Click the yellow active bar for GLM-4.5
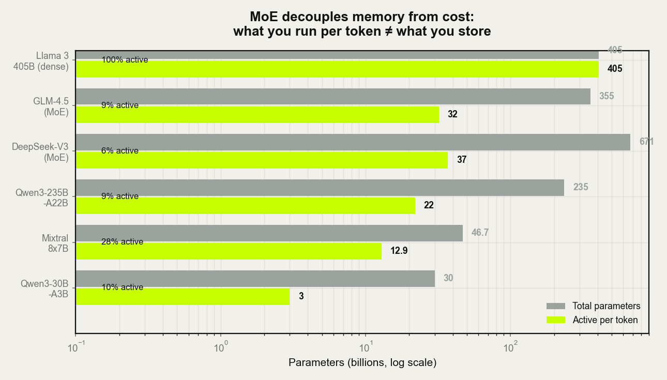pyautogui.click(x=257, y=115)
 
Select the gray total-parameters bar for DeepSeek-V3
pyautogui.click(x=353, y=142)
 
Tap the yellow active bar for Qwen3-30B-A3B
pyautogui.click(x=183, y=297)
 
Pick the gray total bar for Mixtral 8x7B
pyautogui.click(x=269, y=233)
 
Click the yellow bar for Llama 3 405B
pyautogui.click(x=337, y=69)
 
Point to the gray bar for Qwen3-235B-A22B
pyautogui.click(x=320, y=188)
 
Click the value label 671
pyautogui.click(x=646, y=142)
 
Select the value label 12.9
pyautogui.click(x=399, y=251)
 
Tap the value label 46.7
pyautogui.click(x=480, y=233)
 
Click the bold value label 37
pyautogui.click(x=462, y=160)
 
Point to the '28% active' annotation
pyautogui.click(x=122, y=241)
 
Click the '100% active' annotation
pyautogui.click(x=125, y=59)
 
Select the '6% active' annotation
pyautogui.click(x=120, y=150)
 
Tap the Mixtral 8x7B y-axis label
pyautogui.click(x=55, y=244)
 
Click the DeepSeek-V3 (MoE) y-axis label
pyautogui.click(x=40, y=152)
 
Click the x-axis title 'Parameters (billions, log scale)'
pyautogui.click(x=362, y=362)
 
